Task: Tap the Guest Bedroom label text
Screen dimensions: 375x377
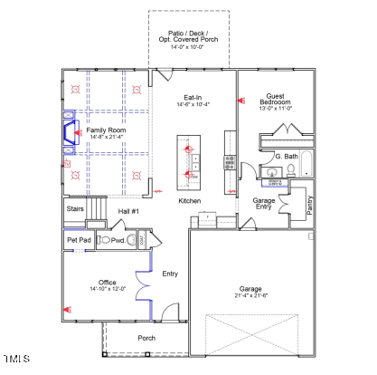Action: pyautogui.click(x=278, y=96)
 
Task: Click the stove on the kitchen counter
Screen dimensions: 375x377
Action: pyautogui.click(x=230, y=163)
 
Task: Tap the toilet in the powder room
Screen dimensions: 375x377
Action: pyautogui.click(x=106, y=241)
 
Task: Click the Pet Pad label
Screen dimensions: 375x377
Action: pyautogui.click(x=78, y=240)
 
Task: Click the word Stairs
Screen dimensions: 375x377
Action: pyautogui.click(x=76, y=208)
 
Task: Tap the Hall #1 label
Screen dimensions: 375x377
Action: pyautogui.click(x=128, y=211)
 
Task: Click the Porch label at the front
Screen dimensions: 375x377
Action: pyautogui.click(x=146, y=338)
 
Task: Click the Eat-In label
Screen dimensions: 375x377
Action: pyautogui.click(x=193, y=97)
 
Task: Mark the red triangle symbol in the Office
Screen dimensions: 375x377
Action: pyautogui.click(x=66, y=309)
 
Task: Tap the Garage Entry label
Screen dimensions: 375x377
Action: pyautogui.click(x=264, y=203)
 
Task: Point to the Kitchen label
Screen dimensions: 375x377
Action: pyautogui.click(x=189, y=200)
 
